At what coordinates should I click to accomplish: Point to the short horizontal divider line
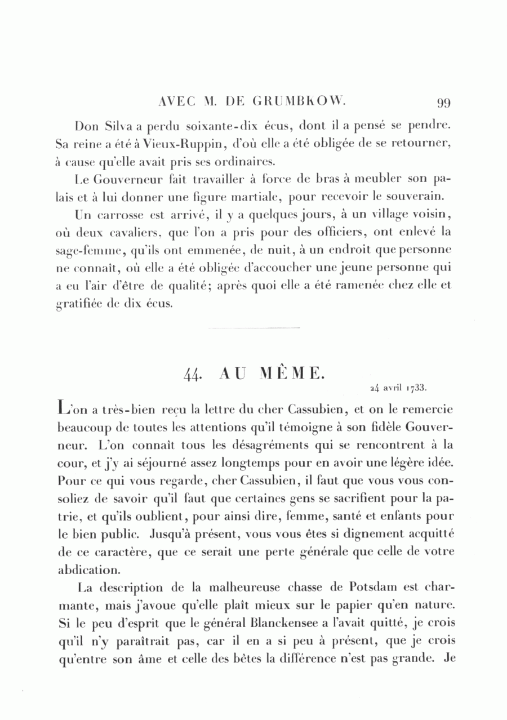coord(253,327)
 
